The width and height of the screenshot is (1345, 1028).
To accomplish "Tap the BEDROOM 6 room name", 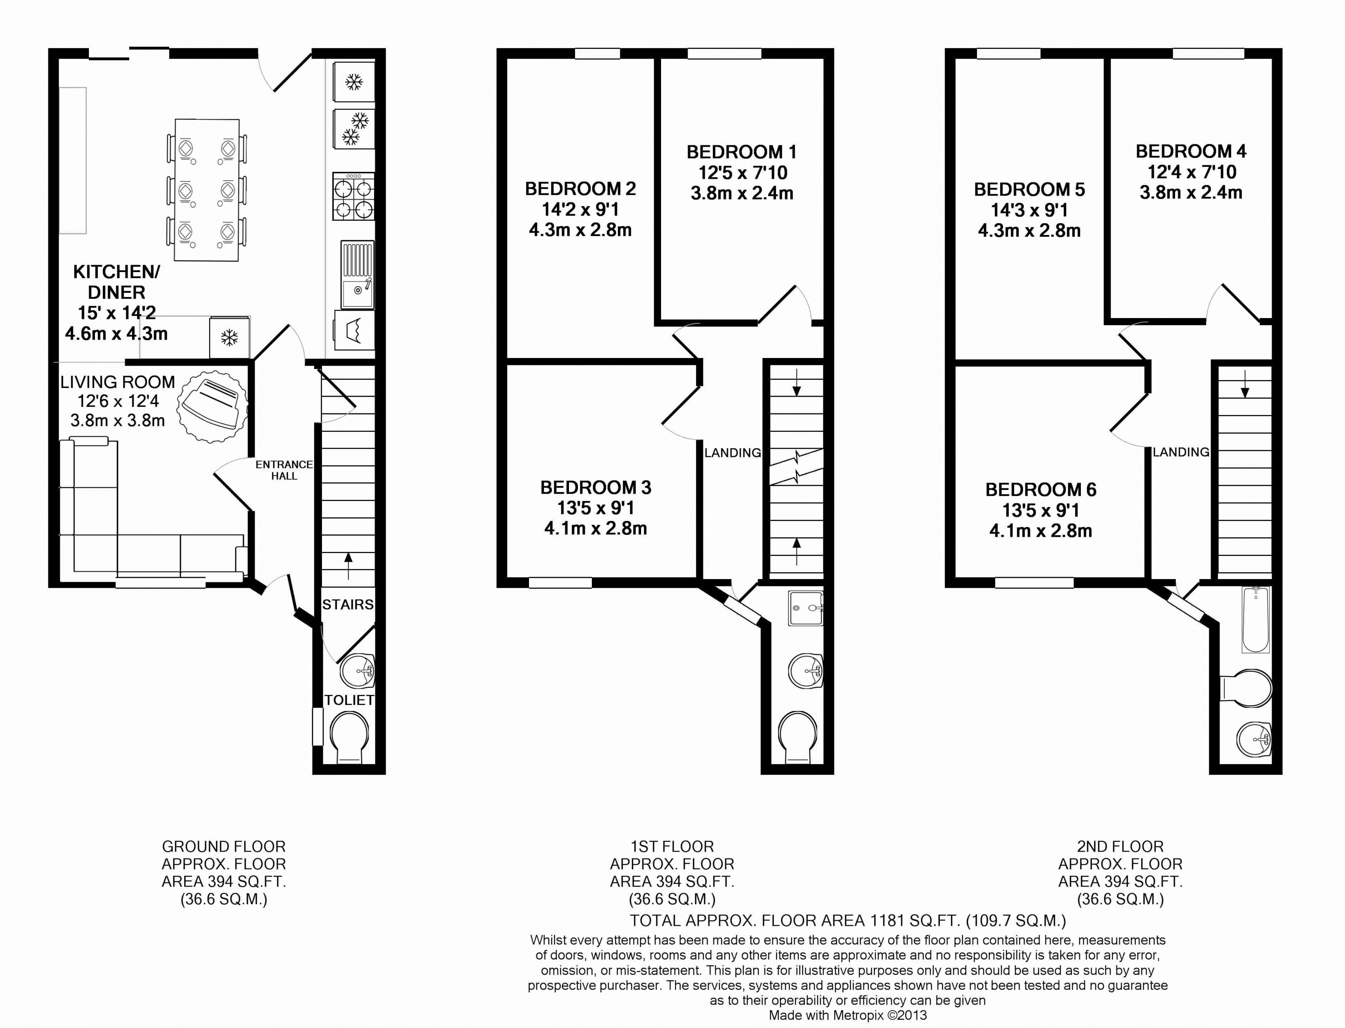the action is click(1041, 490).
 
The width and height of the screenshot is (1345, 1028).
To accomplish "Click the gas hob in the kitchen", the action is click(353, 196).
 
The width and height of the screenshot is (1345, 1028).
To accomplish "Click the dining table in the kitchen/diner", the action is click(207, 190).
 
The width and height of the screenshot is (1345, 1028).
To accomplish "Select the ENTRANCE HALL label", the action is click(284, 470).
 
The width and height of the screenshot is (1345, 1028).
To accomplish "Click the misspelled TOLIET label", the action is click(349, 700).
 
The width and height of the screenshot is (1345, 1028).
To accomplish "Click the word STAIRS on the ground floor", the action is click(348, 604).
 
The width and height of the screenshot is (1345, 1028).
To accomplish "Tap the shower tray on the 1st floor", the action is click(806, 608).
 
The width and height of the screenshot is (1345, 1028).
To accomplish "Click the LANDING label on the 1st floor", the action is click(732, 453).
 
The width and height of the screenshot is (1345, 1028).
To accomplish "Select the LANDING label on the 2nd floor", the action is click(1181, 452).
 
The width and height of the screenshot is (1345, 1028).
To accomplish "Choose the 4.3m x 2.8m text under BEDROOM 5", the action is click(1029, 231).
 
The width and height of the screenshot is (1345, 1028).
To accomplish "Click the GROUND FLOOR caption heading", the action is click(223, 846).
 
